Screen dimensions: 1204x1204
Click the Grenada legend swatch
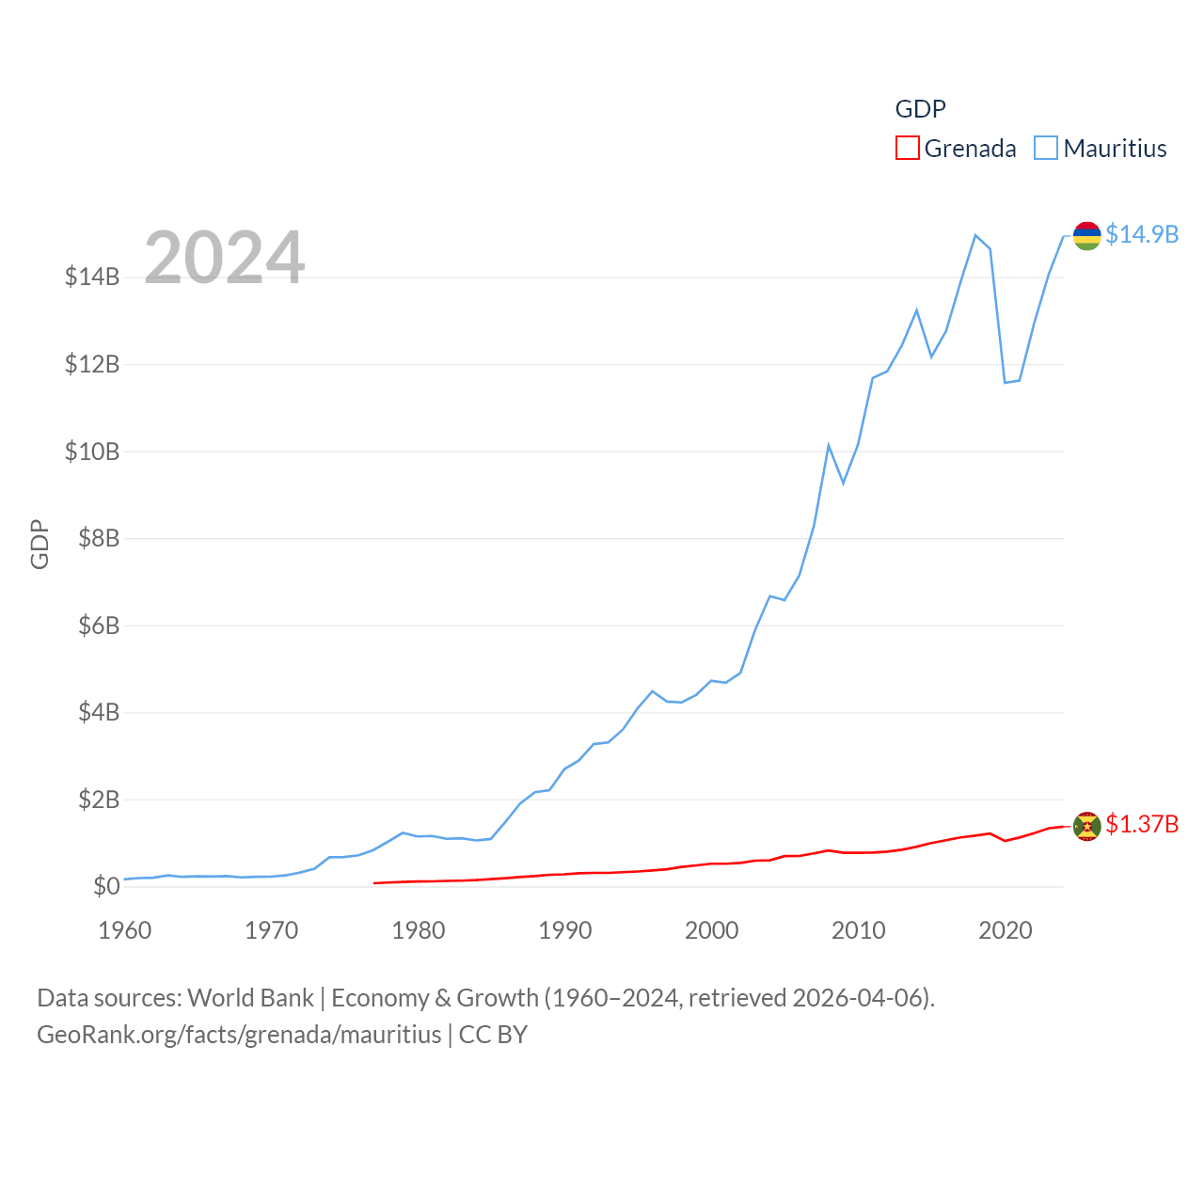pos(907,149)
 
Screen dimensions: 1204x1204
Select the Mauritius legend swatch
pos(1045,149)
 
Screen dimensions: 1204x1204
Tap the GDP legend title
pos(920,109)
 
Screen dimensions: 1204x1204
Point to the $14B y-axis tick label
pos(92,277)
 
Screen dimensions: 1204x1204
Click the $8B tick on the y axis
pos(92,538)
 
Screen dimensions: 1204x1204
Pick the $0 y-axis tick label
pos(106,886)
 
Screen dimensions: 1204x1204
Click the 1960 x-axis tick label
pos(125,930)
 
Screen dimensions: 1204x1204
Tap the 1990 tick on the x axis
pos(565,930)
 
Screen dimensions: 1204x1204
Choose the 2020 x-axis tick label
pos(1006,930)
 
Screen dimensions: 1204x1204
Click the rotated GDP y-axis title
pos(40,544)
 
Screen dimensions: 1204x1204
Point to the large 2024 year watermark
pos(225,257)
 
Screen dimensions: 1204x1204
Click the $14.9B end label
pos(1142,234)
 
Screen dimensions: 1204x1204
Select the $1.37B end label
pos(1142,824)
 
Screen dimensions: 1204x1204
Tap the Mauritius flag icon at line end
pos(1087,235)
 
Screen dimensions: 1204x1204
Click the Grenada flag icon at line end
pos(1087,826)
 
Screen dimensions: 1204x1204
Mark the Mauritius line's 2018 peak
pos(975,235)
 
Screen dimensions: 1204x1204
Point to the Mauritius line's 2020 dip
pos(1006,382)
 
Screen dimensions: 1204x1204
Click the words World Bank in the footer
pos(251,997)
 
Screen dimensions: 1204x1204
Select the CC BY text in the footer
pos(493,1035)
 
